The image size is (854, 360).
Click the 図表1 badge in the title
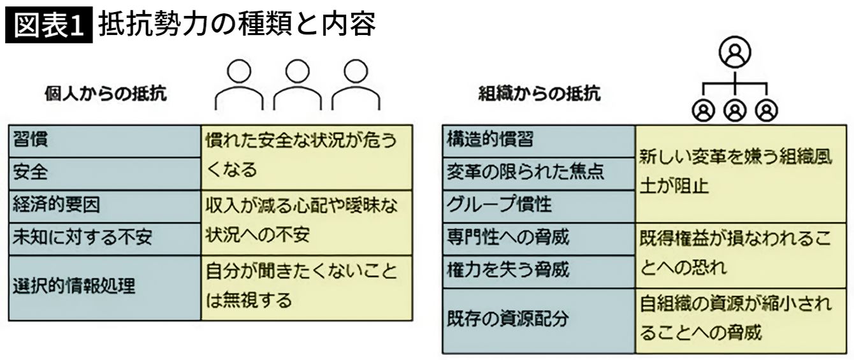pyautogui.click(x=48, y=25)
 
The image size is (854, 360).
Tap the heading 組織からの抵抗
pyautogui.click(x=539, y=94)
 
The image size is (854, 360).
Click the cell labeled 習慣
pyautogui.click(x=105, y=141)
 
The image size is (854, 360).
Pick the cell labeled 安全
pyautogui.click(x=105, y=173)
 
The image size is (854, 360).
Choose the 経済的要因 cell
pyautogui.click(x=105, y=206)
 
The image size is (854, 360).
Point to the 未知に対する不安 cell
pyautogui.click(x=105, y=238)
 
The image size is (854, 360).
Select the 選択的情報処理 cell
pyautogui.click(x=105, y=287)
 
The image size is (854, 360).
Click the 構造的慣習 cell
pyautogui.click(x=539, y=140)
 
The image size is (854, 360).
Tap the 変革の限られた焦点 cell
pyautogui.click(x=539, y=173)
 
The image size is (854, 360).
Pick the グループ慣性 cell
pyautogui.click(x=539, y=206)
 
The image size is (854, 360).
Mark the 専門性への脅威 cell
pyautogui.click(x=539, y=238)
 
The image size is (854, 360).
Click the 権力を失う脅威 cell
pyautogui.click(x=539, y=271)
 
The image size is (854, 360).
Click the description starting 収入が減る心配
pyautogui.click(x=307, y=222)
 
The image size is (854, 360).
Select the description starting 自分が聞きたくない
pyautogui.click(x=307, y=287)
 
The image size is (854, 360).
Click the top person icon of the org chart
pyautogui.click(x=735, y=55)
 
